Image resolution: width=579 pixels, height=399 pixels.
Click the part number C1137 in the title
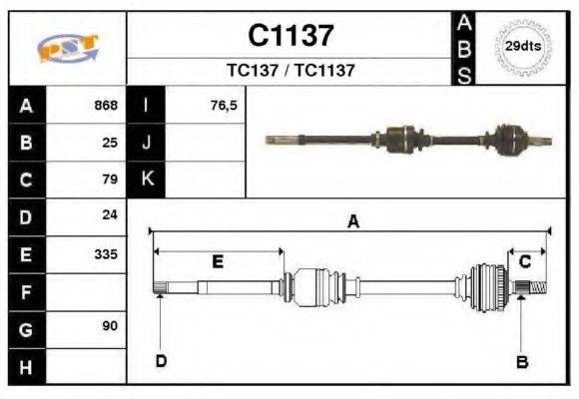290,36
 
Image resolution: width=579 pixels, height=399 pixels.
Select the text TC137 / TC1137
290,71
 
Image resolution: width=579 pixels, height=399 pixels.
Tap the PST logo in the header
67,48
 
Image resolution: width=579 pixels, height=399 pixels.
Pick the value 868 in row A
106,105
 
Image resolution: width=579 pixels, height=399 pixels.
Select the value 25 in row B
111,143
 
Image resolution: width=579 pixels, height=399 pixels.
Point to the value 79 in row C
111,180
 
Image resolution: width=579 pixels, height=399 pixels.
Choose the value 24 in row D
111,215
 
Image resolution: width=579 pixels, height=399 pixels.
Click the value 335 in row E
106,253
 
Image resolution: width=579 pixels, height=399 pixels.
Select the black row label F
26,291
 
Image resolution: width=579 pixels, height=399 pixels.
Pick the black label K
148,180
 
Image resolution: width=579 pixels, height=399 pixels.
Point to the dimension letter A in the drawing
352,222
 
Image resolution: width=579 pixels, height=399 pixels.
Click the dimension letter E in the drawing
217,261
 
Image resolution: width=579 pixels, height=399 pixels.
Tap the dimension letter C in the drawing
525,260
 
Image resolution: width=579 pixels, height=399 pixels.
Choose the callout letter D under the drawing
160,361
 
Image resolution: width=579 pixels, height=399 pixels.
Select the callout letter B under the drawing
521,362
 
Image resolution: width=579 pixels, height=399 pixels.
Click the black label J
148,143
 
